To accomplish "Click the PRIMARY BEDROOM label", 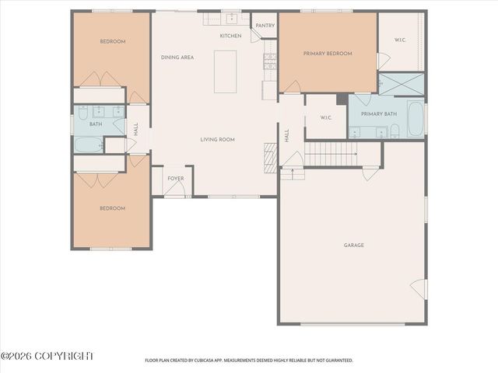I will tap(328, 54).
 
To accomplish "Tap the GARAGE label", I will tap(354, 246).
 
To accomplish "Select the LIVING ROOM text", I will tap(217, 140).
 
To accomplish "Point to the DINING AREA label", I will tap(177, 58).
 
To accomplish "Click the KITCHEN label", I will tap(230, 37).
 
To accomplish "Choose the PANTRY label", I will tap(265, 26).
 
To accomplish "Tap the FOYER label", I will tap(176, 179).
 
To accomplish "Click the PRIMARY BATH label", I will tap(379, 114).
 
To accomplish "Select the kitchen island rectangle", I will tap(226, 71).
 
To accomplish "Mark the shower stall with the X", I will tap(402, 84).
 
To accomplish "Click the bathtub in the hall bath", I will tap(88, 144).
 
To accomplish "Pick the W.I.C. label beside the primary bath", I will tap(327, 118).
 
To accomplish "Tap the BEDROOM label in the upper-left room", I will tap(112, 42).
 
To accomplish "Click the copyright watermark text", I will tap(47, 356).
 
